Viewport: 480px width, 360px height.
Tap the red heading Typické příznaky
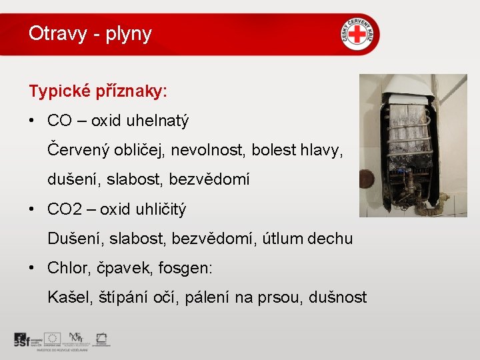[x=98, y=91]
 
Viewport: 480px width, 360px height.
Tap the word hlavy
[x=323, y=150]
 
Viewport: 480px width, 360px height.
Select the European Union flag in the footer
[x=53, y=338]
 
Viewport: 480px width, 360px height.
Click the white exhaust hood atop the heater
[x=407, y=90]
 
